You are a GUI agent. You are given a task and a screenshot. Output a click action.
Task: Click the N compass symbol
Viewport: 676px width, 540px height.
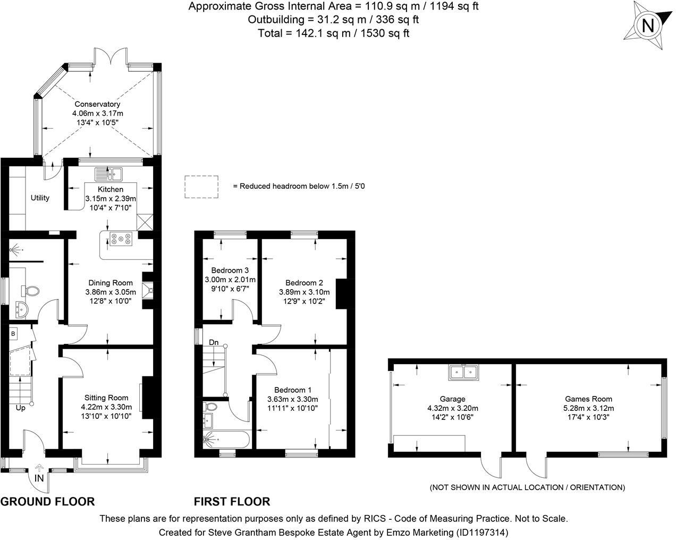[x=648, y=25]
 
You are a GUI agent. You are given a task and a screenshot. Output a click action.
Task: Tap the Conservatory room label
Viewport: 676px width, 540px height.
[x=97, y=104]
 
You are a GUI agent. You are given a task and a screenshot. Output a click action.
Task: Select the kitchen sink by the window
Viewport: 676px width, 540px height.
[x=109, y=174]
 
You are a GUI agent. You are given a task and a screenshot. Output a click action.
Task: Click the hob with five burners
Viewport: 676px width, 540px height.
[x=121, y=239]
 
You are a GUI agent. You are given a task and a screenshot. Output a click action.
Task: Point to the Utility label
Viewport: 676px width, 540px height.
[x=40, y=198]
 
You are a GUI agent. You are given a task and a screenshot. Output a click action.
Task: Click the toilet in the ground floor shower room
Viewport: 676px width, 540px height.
[x=30, y=291]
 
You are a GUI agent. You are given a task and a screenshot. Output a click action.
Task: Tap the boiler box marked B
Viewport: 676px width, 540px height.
[x=13, y=334]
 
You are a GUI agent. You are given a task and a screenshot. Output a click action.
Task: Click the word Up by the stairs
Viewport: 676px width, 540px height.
[x=20, y=408]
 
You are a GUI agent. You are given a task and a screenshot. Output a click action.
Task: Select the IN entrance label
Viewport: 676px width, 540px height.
[x=39, y=478]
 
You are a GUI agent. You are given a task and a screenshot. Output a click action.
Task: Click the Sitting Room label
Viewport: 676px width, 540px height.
[x=106, y=398]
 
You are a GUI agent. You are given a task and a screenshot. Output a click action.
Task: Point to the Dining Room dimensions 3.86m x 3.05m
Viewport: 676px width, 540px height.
[x=111, y=292]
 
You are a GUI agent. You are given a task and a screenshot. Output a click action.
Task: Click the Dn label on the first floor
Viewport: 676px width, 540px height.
[x=214, y=342]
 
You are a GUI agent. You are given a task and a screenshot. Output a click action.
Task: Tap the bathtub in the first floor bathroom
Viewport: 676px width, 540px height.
[x=227, y=440]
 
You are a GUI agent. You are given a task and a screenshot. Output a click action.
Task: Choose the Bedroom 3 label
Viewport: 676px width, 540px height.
[x=230, y=270]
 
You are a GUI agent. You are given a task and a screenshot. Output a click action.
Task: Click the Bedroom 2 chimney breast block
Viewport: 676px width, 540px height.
[x=342, y=294]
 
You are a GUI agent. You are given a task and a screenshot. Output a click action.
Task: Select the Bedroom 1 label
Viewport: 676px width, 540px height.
[x=293, y=390]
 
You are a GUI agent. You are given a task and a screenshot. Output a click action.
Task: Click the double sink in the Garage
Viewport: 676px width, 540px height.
[x=463, y=373]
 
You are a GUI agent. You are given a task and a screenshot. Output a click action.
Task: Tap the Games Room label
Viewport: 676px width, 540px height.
[x=589, y=399]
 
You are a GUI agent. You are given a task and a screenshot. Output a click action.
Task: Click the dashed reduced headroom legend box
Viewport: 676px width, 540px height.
[x=201, y=187]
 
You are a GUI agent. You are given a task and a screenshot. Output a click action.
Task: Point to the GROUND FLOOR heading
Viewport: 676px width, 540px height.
[x=47, y=502]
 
